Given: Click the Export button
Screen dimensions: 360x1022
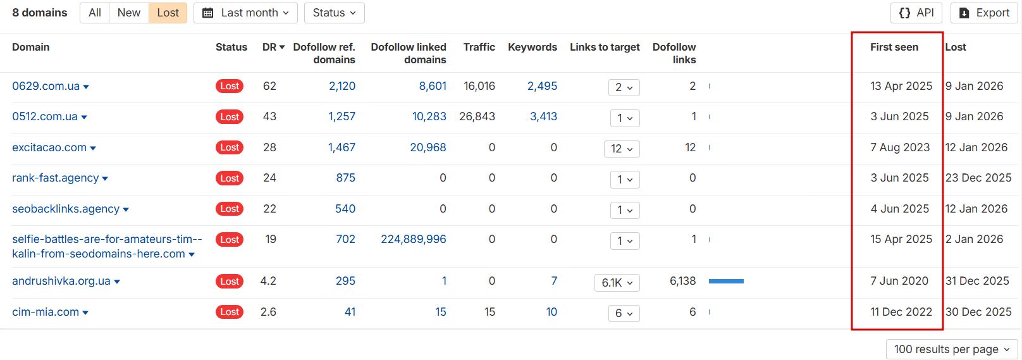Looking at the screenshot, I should [x=984, y=13].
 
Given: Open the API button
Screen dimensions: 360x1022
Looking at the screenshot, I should [x=916, y=13].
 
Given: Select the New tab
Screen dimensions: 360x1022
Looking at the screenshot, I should [x=128, y=13].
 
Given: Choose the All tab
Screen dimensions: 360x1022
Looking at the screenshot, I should [x=95, y=13].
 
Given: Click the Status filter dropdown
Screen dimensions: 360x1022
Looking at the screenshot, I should [x=334, y=13].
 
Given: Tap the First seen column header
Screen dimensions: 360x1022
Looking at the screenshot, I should [x=894, y=47].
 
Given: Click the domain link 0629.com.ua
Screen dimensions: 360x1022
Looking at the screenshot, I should [x=46, y=86].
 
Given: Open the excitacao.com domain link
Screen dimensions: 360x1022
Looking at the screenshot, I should [x=49, y=147].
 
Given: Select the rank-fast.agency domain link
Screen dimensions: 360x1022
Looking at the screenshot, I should [x=56, y=178].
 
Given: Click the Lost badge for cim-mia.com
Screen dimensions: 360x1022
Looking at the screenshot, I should [x=230, y=312].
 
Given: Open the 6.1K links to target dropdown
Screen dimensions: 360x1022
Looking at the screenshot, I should [x=617, y=283].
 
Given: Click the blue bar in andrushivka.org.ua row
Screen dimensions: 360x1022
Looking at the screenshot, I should [x=726, y=281].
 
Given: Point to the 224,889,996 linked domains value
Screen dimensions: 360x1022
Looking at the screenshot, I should [x=413, y=239].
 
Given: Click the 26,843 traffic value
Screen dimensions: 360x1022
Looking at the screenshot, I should [x=477, y=116].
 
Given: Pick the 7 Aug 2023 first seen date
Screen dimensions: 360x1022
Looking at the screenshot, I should [x=899, y=147].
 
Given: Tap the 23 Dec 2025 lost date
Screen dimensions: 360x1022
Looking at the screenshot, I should [x=978, y=178].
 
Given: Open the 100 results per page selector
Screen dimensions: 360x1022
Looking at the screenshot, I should [x=952, y=349].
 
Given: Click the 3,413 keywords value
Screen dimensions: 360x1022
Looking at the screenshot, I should [x=543, y=116].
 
